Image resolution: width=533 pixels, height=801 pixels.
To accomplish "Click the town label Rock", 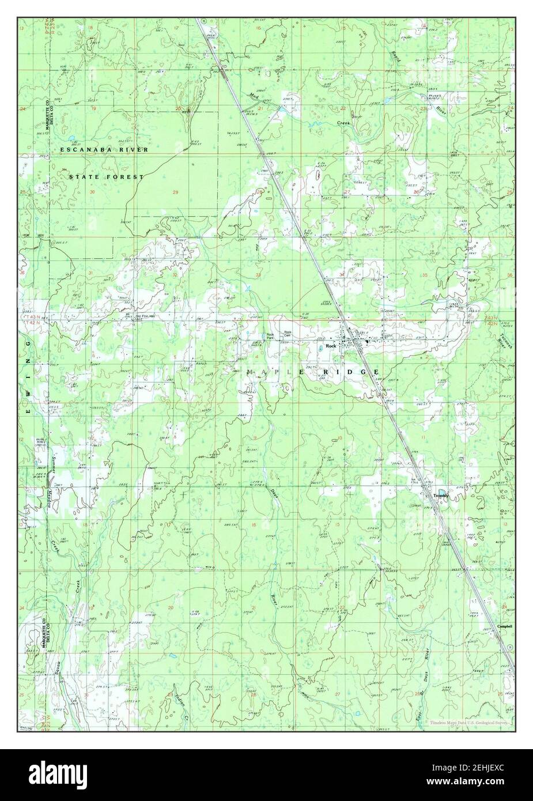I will pos(331,346).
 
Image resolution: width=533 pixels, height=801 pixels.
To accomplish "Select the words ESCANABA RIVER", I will pos(104,149).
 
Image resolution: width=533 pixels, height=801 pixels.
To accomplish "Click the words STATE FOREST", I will pos(105,177).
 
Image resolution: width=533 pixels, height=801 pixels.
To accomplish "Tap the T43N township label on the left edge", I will pos(29,318).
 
